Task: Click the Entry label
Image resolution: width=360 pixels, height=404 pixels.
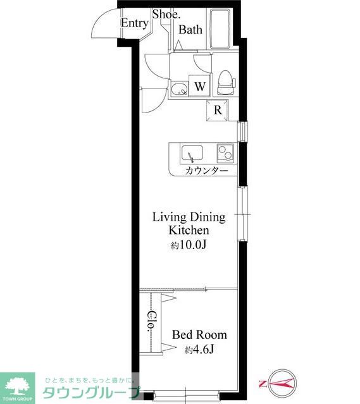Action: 135,23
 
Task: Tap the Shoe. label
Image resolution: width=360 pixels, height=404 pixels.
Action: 166,15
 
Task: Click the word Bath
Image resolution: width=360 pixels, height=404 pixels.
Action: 190,30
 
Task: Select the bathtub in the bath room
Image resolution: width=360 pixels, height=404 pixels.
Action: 220,28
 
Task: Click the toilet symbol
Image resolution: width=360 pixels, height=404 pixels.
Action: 227,82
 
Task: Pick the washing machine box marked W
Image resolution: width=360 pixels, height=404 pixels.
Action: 200,85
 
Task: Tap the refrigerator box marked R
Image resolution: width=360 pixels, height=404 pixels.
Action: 218,110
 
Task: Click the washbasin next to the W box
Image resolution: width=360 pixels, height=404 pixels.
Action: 179,89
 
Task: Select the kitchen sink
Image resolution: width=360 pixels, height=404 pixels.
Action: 192,153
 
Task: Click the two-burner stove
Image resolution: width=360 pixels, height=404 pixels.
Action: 225,152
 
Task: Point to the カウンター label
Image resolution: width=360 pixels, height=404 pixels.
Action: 207,171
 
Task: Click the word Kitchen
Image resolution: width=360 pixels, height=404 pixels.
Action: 189,230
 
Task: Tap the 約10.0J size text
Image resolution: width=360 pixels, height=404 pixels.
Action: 189,245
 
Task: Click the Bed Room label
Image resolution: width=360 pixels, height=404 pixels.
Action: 199,334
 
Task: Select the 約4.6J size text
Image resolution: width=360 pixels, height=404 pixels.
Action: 199,350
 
